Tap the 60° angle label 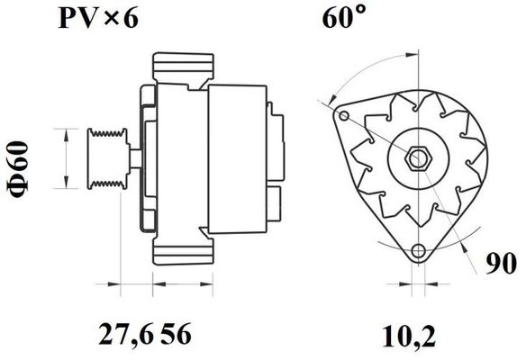[344, 20]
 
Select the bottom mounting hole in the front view [416, 251]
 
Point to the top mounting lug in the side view [185, 69]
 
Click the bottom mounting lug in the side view [185, 253]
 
